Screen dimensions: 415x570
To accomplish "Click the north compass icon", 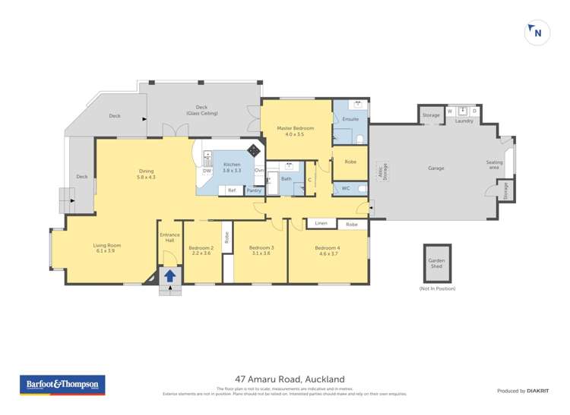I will tap(537, 33).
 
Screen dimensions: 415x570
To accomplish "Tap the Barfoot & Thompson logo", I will tap(62, 385).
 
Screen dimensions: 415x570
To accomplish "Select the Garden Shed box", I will tap(437, 263).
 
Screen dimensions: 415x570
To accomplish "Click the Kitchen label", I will tap(232, 165).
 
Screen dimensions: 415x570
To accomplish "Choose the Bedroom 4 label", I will tap(328, 248).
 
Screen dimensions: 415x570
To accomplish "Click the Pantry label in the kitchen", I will tap(254, 190).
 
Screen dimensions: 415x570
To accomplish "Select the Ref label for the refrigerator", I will tap(232, 190).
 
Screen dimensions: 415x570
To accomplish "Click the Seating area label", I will tap(495, 165).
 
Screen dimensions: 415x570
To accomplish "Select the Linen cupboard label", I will tap(321, 224).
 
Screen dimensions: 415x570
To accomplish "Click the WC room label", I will tap(345, 188).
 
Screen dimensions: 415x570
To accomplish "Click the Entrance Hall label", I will tap(169, 237).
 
